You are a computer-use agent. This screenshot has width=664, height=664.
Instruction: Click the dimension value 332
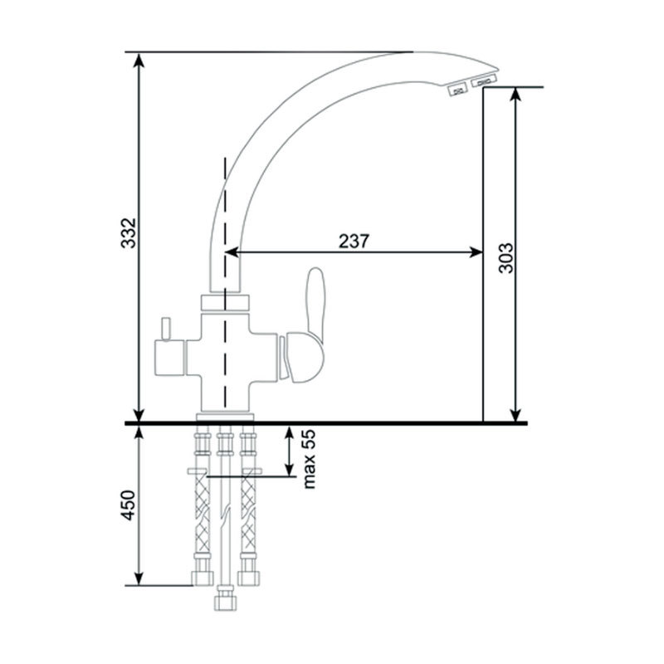point(129,233)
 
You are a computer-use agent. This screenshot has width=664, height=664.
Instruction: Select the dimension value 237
point(354,241)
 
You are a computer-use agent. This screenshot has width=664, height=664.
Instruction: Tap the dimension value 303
point(505,258)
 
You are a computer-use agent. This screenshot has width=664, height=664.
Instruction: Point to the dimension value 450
point(129,505)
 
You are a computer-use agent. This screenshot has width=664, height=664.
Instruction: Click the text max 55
point(310,459)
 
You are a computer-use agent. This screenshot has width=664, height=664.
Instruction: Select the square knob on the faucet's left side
point(169,358)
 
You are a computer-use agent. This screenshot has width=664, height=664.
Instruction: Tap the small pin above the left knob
point(165,328)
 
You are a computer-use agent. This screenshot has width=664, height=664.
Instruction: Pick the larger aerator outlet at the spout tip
point(483,81)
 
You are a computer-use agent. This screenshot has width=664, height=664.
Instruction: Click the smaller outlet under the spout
point(458,90)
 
